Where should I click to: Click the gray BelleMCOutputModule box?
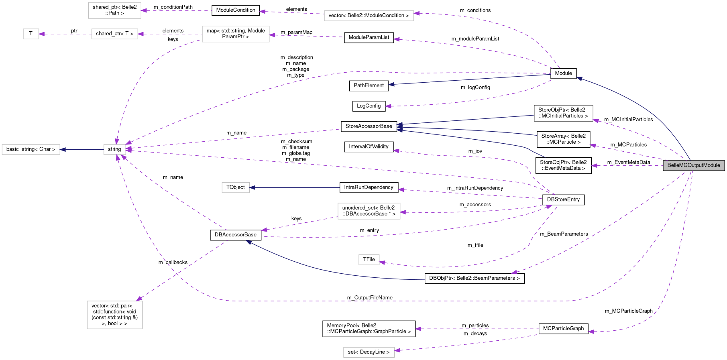[x=694, y=165]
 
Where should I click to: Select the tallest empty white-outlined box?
[x=115, y=315]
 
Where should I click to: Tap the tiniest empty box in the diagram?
[x=31, y=34]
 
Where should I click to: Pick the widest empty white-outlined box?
[x=369, y=16]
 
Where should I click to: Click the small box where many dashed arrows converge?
[x=115, y=149]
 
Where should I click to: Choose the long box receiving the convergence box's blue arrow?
[x=31, y=150]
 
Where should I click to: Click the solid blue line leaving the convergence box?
[x=82, y=150]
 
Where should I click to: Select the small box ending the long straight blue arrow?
[x=236, y=187]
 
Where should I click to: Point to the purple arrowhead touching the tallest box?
[x=139, y=298]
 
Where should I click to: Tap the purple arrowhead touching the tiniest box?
[x=41, y=34]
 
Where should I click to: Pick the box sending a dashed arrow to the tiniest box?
[x=115, y=34]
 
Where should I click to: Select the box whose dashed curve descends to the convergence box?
[x=236, y=34]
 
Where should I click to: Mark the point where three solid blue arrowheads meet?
[x=399, y=127]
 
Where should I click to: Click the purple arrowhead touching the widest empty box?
[x=417, y=13]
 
